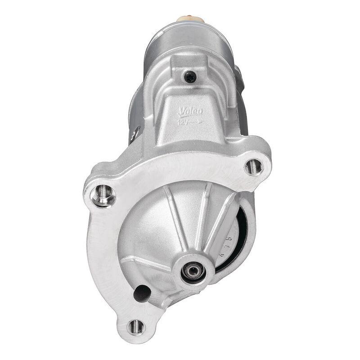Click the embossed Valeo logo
click(x=191, y=112)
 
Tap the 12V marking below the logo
click(x=183, y=121)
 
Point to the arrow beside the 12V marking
click(x=195, y=121)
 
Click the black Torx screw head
click(x=190, y=77)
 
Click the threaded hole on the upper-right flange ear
click(x=254, y=167)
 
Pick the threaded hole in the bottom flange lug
click(x=136, y=326)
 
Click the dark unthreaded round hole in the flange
click(x=142, y=293)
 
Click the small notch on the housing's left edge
click(x=135, y=134)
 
